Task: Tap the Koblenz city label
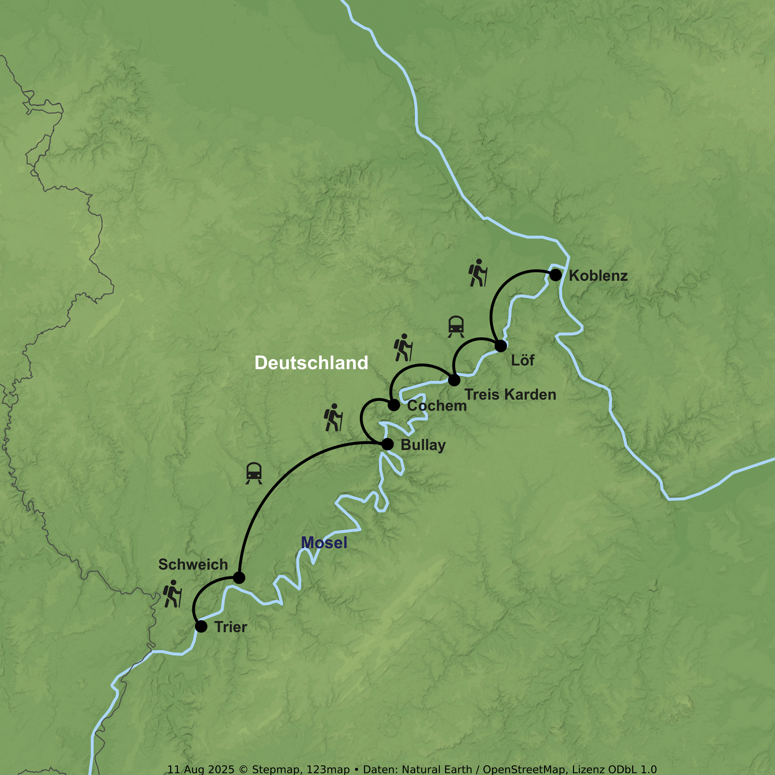pyautogui.click(x=598, y=276)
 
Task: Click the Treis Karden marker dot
pyautogui.click(x=454, y=379)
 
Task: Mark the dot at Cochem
pyautogui.click(x=394, y=405)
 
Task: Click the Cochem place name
pyautogui.click(x=437, y=406)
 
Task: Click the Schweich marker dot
pyautogui.click(x=239, y=578)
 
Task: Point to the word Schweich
pyautogui.click(x=193, y=564)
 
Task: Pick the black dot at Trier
pyautogui.click(x=201, y=626)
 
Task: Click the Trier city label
pyautogui.click(x=231, y=627)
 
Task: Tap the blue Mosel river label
pyautogui.click(x=324, y=543)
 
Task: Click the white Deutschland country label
pyautogui.click(x=311, y=363)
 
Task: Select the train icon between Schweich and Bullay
pyautogui.click(x=254, y=473)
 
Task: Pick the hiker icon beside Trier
pyautogui.click(x=172, y=593)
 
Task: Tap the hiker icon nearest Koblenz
pyautogui.click(x=478, y=273)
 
